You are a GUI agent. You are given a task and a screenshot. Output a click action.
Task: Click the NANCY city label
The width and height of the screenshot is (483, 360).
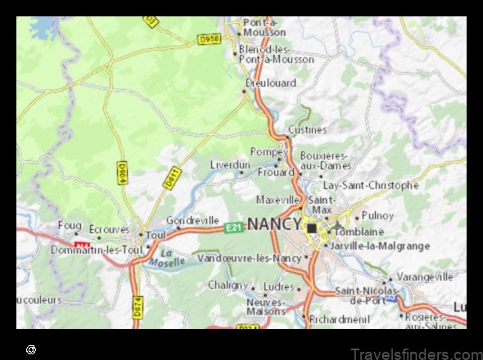[273, 223]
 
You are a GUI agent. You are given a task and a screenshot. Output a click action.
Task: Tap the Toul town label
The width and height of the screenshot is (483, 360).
[156, 236]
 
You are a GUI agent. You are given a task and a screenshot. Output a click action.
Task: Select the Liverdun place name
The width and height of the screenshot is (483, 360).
[229, 164]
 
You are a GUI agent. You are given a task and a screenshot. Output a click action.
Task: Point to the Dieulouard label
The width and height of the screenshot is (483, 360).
[271, 83]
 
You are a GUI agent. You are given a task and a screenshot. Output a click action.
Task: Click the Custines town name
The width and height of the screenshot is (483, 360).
[307, 129]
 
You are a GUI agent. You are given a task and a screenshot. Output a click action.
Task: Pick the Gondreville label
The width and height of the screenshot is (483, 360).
[192, 221]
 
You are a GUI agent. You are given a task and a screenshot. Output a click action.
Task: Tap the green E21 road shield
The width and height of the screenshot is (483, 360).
[234, 227]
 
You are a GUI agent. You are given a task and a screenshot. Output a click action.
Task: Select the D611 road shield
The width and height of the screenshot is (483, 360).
[171, 178]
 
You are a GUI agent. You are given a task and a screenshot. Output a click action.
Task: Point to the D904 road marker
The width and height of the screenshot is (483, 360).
[122, 173]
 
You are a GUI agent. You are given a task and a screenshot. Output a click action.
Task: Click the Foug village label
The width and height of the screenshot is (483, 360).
[70, 225]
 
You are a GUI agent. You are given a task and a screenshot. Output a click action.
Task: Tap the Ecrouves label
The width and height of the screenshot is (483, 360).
[109, 230]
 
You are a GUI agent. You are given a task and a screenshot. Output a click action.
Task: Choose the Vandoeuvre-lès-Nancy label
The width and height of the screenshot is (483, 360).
[250, 258]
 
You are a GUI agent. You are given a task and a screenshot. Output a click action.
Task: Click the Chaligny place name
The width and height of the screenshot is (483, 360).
[228, 285]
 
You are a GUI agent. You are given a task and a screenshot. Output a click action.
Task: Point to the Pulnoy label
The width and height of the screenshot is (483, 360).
[377, 215]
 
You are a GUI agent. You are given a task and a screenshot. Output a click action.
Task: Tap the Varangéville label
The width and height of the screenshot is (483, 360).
[425, 277]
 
